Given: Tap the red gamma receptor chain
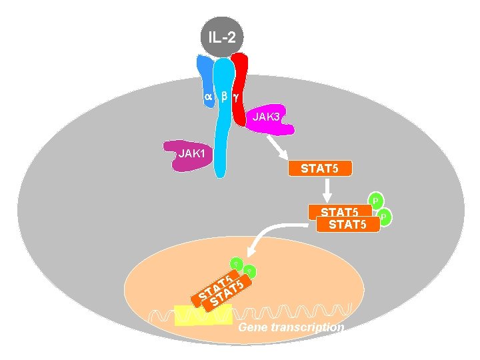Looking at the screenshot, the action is point(241,83).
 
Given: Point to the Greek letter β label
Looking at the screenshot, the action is point(225,97).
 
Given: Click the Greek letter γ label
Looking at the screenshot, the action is point(237,97).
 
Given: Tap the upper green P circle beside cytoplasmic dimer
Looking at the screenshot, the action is point(376,200).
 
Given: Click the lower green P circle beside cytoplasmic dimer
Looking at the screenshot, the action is point(385,217).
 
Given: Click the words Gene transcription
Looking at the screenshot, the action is point(291,327).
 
